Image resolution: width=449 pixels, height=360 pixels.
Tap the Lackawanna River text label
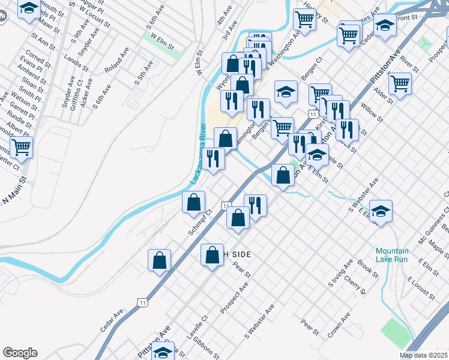point(199,158)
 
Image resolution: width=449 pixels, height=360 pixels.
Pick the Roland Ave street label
point(116,60)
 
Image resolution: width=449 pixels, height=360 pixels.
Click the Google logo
point(20,353)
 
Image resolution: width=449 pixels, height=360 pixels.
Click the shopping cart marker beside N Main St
point(22,146)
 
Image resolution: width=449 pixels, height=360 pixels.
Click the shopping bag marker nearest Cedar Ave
point(160,260)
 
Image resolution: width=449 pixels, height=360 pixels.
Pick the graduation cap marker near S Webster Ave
point(381,211)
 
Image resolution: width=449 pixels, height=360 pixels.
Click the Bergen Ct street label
point(313,61)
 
